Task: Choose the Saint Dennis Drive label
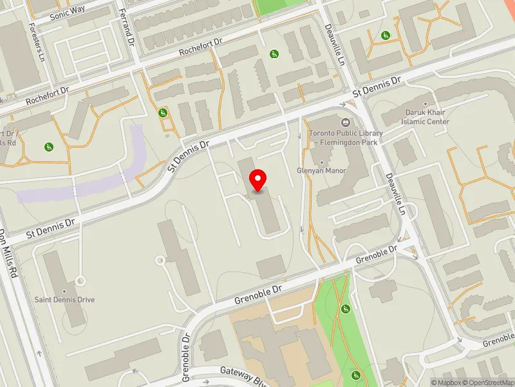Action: point(64,300)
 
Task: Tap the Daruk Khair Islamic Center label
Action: point(423,117)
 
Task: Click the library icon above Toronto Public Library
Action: point(346,122)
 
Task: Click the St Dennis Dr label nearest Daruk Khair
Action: point(377,88)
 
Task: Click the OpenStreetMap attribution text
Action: point(489,382)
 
